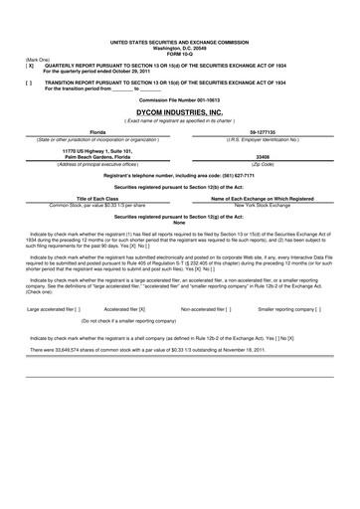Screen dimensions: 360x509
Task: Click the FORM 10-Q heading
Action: pyautogui.click(x=180, y=52)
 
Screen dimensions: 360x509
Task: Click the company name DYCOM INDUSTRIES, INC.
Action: pyautogui.click(x=180, y=114)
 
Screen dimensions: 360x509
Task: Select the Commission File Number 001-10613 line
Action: pyautogui.click(x=180, y=100)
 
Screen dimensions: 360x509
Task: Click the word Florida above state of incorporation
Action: pyautogui.click(x=97, y=131)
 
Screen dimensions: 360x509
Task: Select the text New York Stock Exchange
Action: pyautogui.click(x=264, y=205)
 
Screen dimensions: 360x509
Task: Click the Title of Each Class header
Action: pyautogui.click(x=97, y=199)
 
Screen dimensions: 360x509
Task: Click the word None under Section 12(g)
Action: pyautogui.click(x=180, y=223)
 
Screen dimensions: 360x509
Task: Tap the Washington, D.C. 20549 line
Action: pyautogui.click(x=180, y=47)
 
